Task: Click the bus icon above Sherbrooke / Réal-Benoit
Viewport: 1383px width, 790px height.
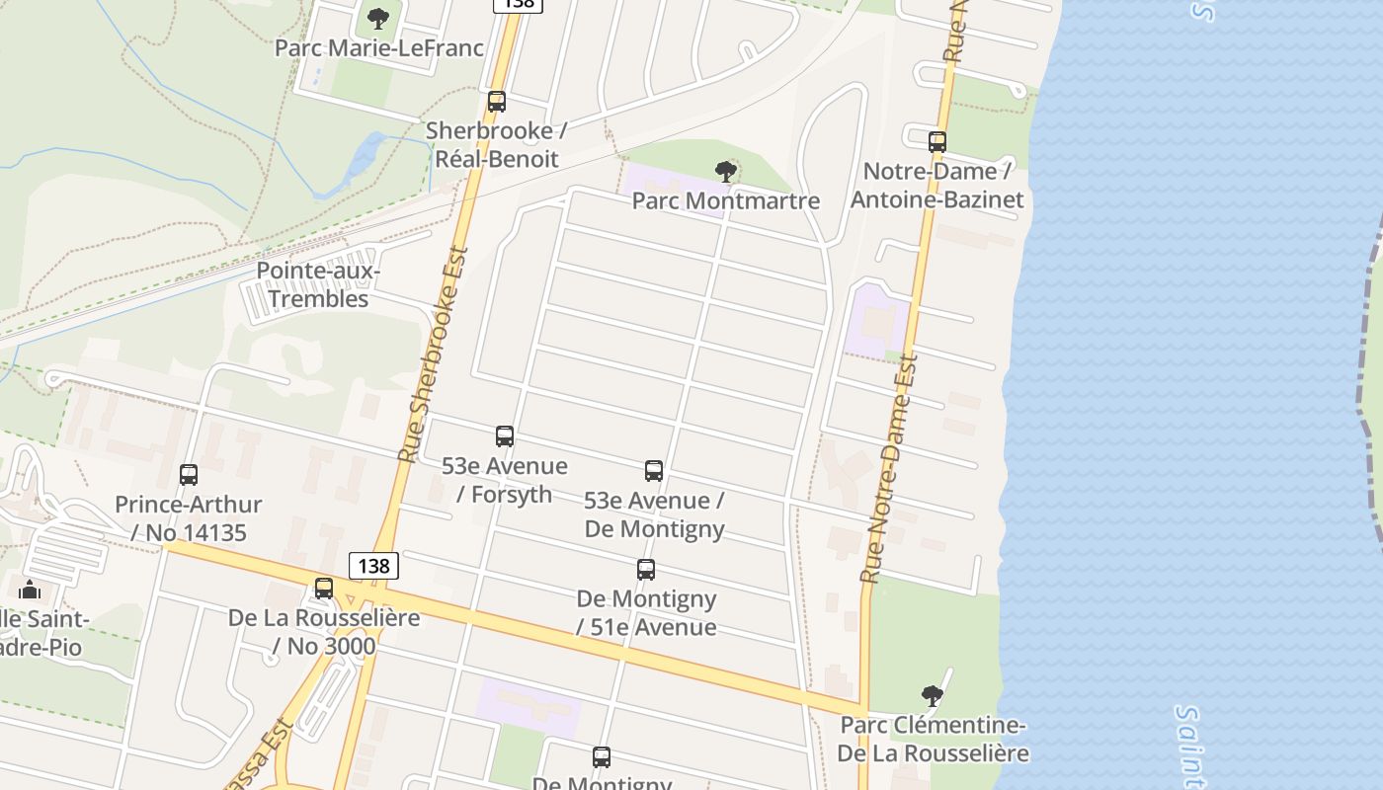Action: tap(497, 102)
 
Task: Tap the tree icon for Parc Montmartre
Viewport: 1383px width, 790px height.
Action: tap(726, 172)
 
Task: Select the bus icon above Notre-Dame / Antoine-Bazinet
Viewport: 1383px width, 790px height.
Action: tap(937, 142)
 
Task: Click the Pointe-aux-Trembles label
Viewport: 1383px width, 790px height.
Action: tap(318, 284)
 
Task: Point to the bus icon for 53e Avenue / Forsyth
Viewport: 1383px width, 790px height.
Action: tap(505, 436)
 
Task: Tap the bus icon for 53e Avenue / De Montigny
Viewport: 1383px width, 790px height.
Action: tap(654, 471)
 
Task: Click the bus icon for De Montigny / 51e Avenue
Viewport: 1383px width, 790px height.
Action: tap(646, 570)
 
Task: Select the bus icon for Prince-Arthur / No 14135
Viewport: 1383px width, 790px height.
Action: tap(189, 475)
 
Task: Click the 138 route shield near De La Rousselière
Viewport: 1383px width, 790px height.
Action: tap(373, 566)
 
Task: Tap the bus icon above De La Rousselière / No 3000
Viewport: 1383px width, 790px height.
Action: tap(324, 589)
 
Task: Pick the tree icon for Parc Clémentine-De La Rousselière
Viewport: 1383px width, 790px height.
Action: tap(932, 696)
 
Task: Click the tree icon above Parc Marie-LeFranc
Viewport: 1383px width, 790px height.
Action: tap(378, 18)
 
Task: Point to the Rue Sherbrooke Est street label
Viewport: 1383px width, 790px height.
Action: tap(432, 355)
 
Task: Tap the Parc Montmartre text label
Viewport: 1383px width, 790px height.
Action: tap(726, 201)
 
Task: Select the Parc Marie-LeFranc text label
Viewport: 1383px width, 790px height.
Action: tap(379, 47)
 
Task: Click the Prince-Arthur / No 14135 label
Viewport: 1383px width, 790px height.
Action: tap(189, 518)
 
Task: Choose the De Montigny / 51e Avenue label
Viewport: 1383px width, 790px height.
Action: tap(647, 612)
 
